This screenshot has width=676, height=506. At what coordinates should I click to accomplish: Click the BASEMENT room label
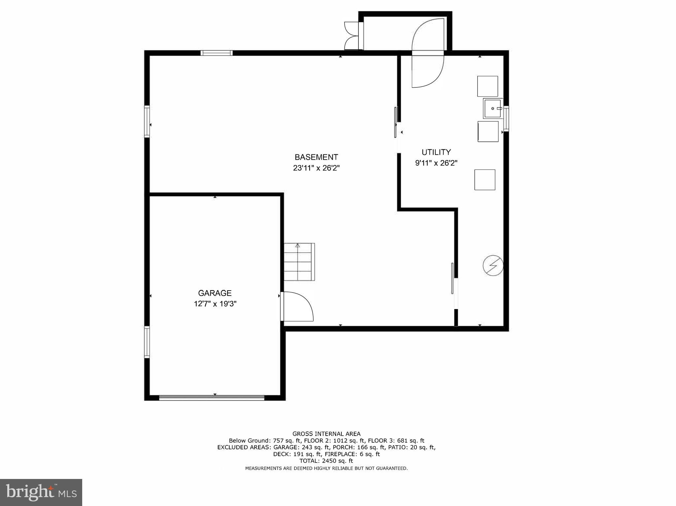[316, 157]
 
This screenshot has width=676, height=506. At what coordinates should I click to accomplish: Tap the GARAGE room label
[215, 293]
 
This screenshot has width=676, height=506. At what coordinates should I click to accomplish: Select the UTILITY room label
[436, 152]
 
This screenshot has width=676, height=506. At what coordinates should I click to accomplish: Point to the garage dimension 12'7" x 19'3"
[215, 304]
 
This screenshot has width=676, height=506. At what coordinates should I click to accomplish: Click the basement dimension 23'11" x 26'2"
[316, 168]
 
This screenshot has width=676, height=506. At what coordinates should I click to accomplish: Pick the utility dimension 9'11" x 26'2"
[436, 163]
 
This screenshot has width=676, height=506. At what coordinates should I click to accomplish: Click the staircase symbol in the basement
[299, 262]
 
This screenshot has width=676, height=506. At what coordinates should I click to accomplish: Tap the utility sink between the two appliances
[492, 108]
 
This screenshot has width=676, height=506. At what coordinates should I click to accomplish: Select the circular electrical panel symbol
[493, 265]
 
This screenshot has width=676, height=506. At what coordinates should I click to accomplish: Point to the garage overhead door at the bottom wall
[212, 398]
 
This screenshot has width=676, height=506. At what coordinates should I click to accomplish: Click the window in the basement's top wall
[217, 53]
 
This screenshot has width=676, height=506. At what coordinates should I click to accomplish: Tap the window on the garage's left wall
[147, 342]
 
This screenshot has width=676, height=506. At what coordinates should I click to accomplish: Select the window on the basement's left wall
[147, 121]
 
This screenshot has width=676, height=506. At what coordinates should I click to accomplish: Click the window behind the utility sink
[506, 118]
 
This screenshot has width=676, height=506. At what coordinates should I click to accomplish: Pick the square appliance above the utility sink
[488, 86]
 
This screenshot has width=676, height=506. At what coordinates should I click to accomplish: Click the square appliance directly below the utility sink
[488, 132]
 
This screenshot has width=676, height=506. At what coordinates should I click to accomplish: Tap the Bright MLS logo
[41, 492]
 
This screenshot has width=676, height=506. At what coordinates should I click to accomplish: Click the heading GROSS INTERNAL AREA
[326, 434]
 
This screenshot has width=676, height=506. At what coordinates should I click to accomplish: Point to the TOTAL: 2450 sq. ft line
[326, 461]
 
